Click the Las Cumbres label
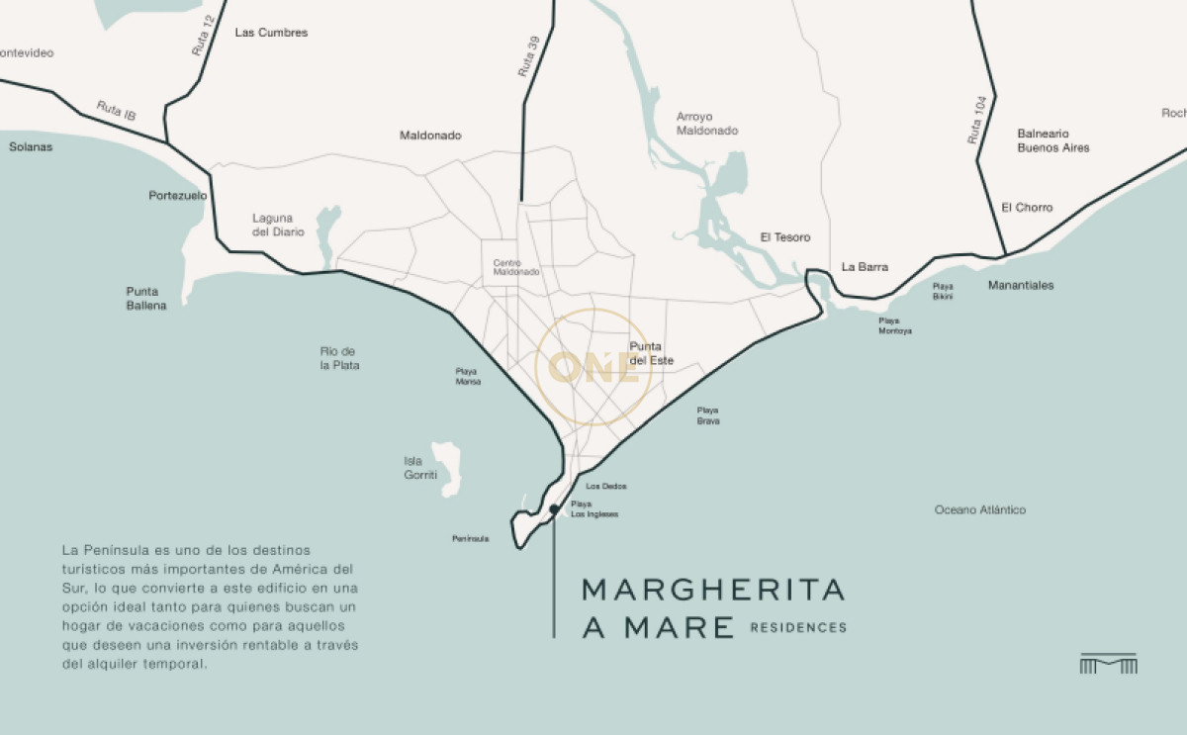pyautogui.click(x=271, y=33)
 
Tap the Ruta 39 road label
pyautogui.click(x=528, y=57)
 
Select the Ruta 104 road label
pyautogui.click(x=978, y=122)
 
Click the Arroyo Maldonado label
pyautogui.click(x=706, y=124)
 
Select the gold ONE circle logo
pyautogui.click(x=592, y=368)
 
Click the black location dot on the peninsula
pyautogui.click(x=554, y=509)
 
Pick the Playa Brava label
pyautogui.click(x=707, y=415)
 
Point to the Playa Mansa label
pyautogui.click(x=468, y=376)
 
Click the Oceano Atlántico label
pyautogui.click(x=979, y=510)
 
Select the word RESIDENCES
pyautogui.click(x=798, y=628)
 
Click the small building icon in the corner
pyautogui.click(x=1108, y=664)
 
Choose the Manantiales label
pyautogui.click(x=1021, y=286)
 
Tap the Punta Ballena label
pyautogui.click(x=145, y=299)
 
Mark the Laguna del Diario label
pyautogui.click(x=278, y=225)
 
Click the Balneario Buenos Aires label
pyautogui.click(x=1052, y=140)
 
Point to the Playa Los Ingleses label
pyautogui.click(x=593, y=509)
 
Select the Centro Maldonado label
pyautogui.click(x=516, y=267)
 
